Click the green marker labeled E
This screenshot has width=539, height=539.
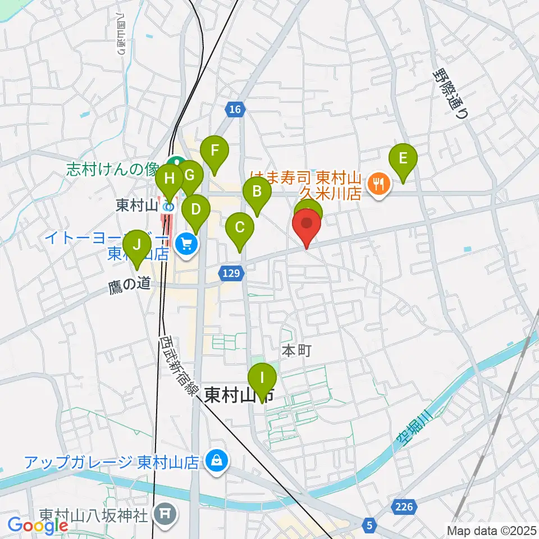[x=403, y=158]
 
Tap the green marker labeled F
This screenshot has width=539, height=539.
[x=213, y=151]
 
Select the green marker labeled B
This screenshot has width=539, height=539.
[x=257, y=192]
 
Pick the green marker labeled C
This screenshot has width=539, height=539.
[x=240, y=228]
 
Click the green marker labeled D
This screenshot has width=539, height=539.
[x=196, y=210]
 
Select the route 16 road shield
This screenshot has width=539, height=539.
[x=235, y=110]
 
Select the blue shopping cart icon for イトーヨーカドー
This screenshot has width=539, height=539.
[x=187, y=243]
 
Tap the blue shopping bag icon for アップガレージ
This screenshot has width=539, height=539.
[x=215, y=462]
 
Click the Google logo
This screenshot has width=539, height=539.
[x=37, y=526]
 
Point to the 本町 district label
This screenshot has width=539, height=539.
[x=296, y=351]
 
